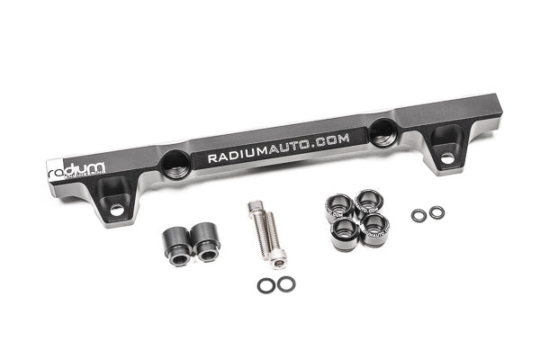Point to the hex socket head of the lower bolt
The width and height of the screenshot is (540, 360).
[278, 262]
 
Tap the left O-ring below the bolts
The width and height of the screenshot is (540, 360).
[265, 285]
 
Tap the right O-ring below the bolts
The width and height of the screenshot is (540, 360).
[285, 284]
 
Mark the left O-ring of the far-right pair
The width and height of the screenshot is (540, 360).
[418, 216]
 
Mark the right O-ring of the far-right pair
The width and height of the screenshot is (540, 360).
[436, 212]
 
